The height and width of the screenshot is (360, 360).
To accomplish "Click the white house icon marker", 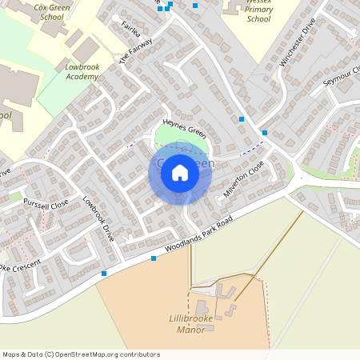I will click(x=180, y=173).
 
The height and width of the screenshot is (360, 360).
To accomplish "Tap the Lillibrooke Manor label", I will click(x=205, y=324).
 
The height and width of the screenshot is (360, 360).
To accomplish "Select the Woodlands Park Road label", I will click(x=199, y=236).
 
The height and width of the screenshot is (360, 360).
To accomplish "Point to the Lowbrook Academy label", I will click(x=82, y=72).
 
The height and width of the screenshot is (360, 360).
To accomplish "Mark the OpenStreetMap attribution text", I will click(x=81, y=354).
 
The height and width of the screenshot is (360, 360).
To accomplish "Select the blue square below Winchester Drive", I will click(x=265, y=133).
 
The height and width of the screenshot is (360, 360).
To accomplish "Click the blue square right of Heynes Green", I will click(x=242, y=119).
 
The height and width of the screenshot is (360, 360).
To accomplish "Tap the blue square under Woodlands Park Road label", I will click(x=154, y=258).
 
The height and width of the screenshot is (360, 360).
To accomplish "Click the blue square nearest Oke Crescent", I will click(x=104, y=274).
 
